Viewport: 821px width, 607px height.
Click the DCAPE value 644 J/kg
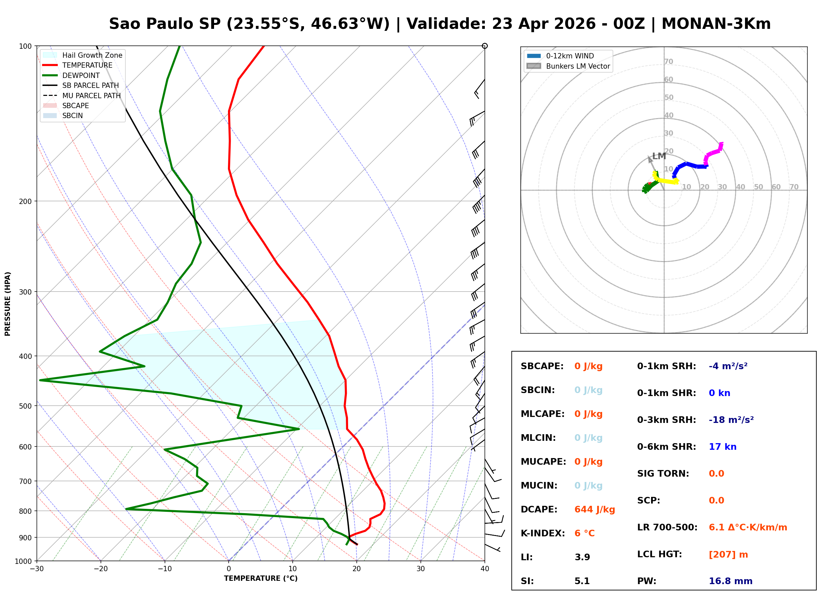pos(594,509)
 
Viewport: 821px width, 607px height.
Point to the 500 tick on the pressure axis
pos(25,406)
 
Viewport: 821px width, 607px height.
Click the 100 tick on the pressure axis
pos(25,46)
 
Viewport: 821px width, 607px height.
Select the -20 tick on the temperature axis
pos(100,569)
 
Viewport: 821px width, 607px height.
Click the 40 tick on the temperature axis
pos(485,569)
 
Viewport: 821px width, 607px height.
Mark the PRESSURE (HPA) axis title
pos(8,303)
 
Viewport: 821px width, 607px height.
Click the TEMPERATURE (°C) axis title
pos(261,578)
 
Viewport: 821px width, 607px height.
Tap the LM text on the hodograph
pos(659,156)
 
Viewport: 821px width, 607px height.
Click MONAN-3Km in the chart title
pos(716,24)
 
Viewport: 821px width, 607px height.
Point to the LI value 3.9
pos(582,557)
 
